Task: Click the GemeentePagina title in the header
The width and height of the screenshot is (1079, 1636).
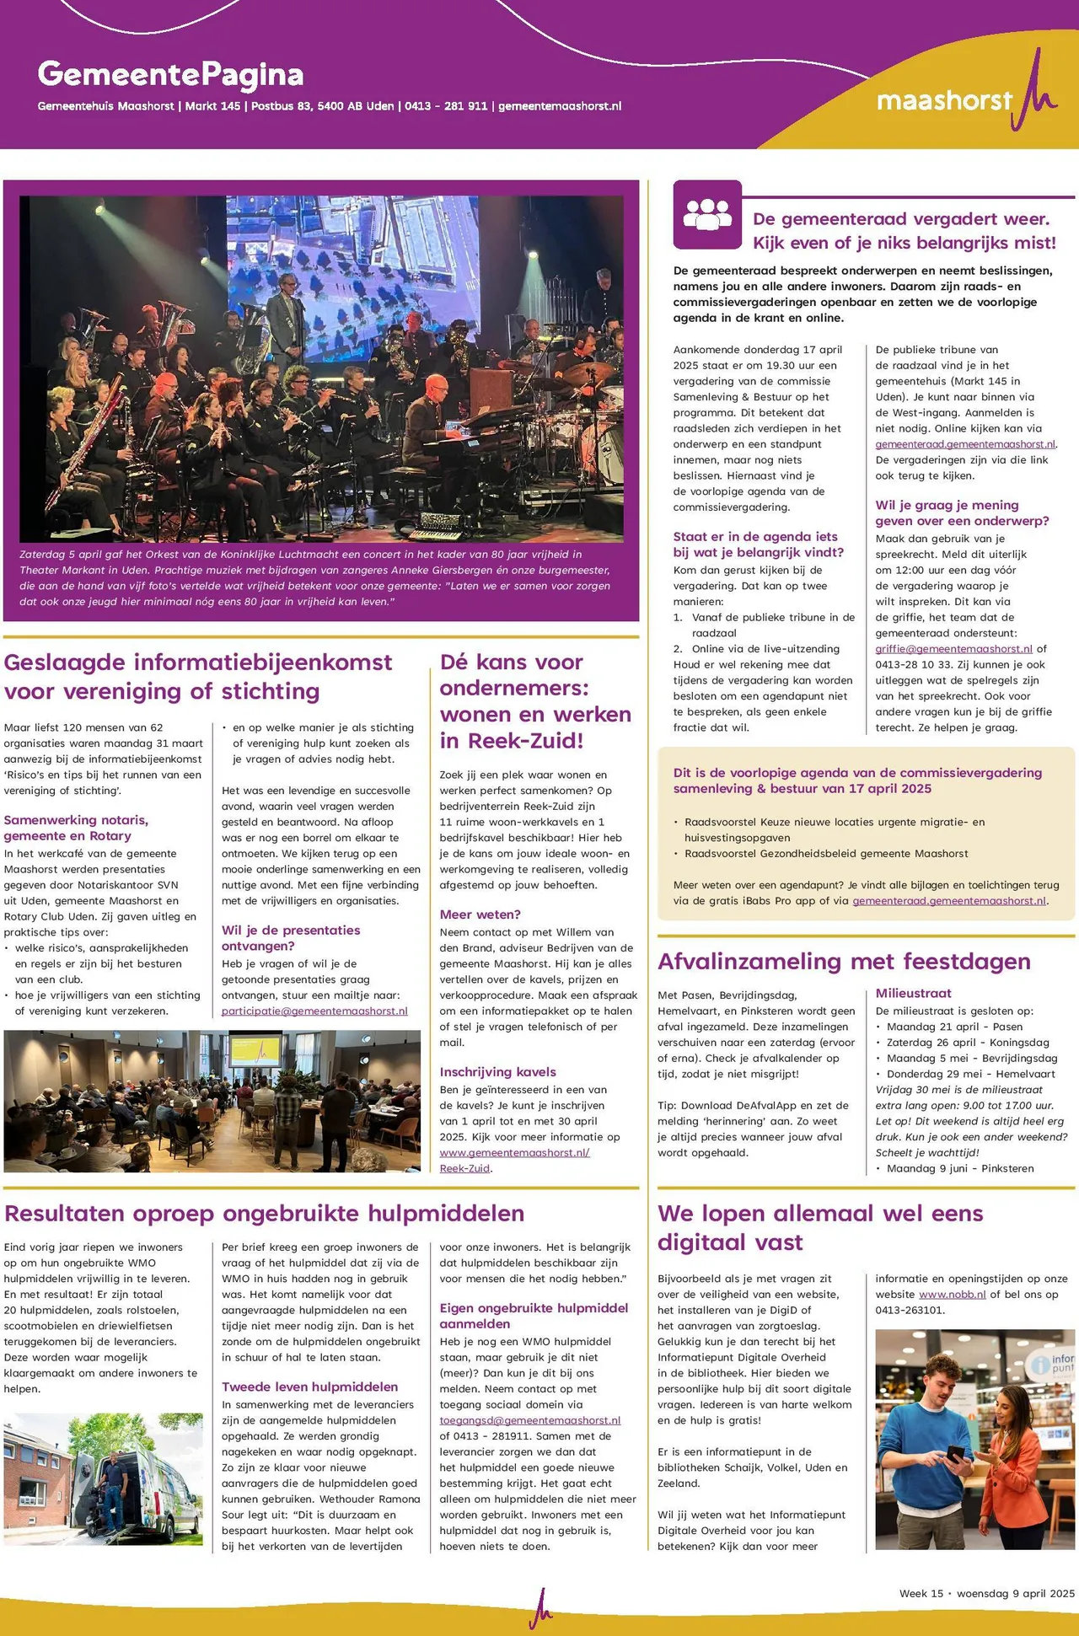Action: [x=170, y=75]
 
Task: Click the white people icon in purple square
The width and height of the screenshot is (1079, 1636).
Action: [x=707, y=214]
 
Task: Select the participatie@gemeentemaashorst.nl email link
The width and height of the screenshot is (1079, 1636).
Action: [x=314, y=1011]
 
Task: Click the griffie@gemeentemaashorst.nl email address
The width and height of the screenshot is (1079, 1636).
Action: [x=953, y=649]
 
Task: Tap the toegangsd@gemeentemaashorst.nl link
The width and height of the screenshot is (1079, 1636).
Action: [x=529, y=1420]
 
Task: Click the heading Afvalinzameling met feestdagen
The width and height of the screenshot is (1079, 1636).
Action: [x=844, y=961]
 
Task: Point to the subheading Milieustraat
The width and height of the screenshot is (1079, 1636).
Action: [x=913, y=993]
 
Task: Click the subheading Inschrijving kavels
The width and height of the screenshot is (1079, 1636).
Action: [x=497, y=1072]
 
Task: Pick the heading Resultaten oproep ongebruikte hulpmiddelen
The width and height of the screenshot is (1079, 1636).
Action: [x=264, y=1213]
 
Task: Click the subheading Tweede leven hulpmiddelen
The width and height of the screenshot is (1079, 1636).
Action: [x=309, y=1387]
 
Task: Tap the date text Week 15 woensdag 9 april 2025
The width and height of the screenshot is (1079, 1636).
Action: [x=986, y=1593]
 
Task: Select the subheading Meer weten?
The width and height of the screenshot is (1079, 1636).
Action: [x=480, y=915]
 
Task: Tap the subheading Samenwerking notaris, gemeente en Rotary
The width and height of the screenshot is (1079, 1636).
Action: [x=76, y=828]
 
